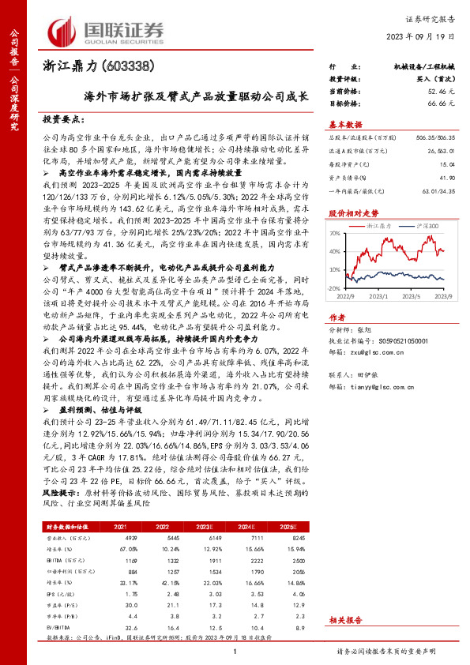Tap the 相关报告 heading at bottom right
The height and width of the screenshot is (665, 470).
coord(344,620)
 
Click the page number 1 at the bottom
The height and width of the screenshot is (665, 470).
coord(235,651)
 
